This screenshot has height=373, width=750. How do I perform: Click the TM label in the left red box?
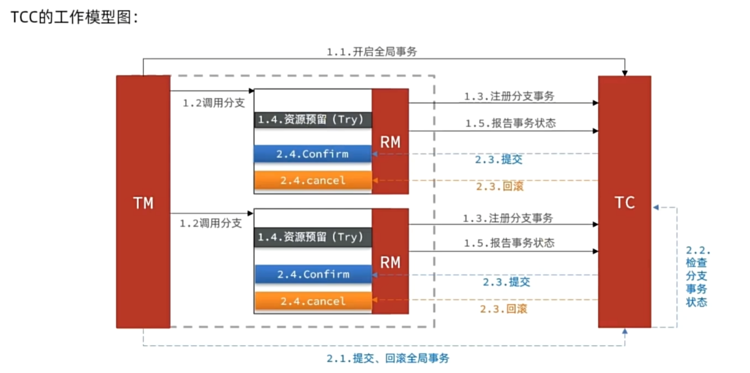[x=143, y=203]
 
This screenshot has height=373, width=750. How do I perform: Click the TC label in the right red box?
[x=625, y=202]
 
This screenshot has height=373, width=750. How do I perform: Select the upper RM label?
[x=390, y=142]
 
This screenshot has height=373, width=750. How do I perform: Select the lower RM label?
[x=390, y=262]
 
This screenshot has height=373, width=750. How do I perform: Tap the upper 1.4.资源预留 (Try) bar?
[x=313, y=119]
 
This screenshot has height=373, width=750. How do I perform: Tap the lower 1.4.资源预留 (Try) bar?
[x=313, y=237]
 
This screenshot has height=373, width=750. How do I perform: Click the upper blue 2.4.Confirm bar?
[x=313, y=154]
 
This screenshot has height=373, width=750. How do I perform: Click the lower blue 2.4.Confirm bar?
[x=313, y=274]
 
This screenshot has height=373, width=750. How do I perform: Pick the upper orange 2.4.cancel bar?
[x=313, y=180]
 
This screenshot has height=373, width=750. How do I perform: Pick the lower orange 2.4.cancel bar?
[x=313, y=301]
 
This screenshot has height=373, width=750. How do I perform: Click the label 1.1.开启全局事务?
[x=372, y=52]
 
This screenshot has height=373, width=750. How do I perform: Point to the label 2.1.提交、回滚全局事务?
[x=388, y=358]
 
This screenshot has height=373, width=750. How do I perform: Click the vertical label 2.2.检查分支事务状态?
[x=696, y=276]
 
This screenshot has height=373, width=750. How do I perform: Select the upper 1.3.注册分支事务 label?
[x=509, y=96]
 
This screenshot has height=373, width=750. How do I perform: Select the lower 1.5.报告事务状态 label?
[x=509, y=243]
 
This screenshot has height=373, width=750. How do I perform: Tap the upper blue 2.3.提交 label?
[x=499, y=159]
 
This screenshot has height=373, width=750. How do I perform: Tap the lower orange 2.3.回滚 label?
[x=504, y=309]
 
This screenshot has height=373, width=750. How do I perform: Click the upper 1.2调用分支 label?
[x=214, y=103]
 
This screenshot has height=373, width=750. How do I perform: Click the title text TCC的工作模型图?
[x=74, y=17]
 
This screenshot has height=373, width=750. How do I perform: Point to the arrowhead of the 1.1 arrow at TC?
[x=625, y=73]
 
